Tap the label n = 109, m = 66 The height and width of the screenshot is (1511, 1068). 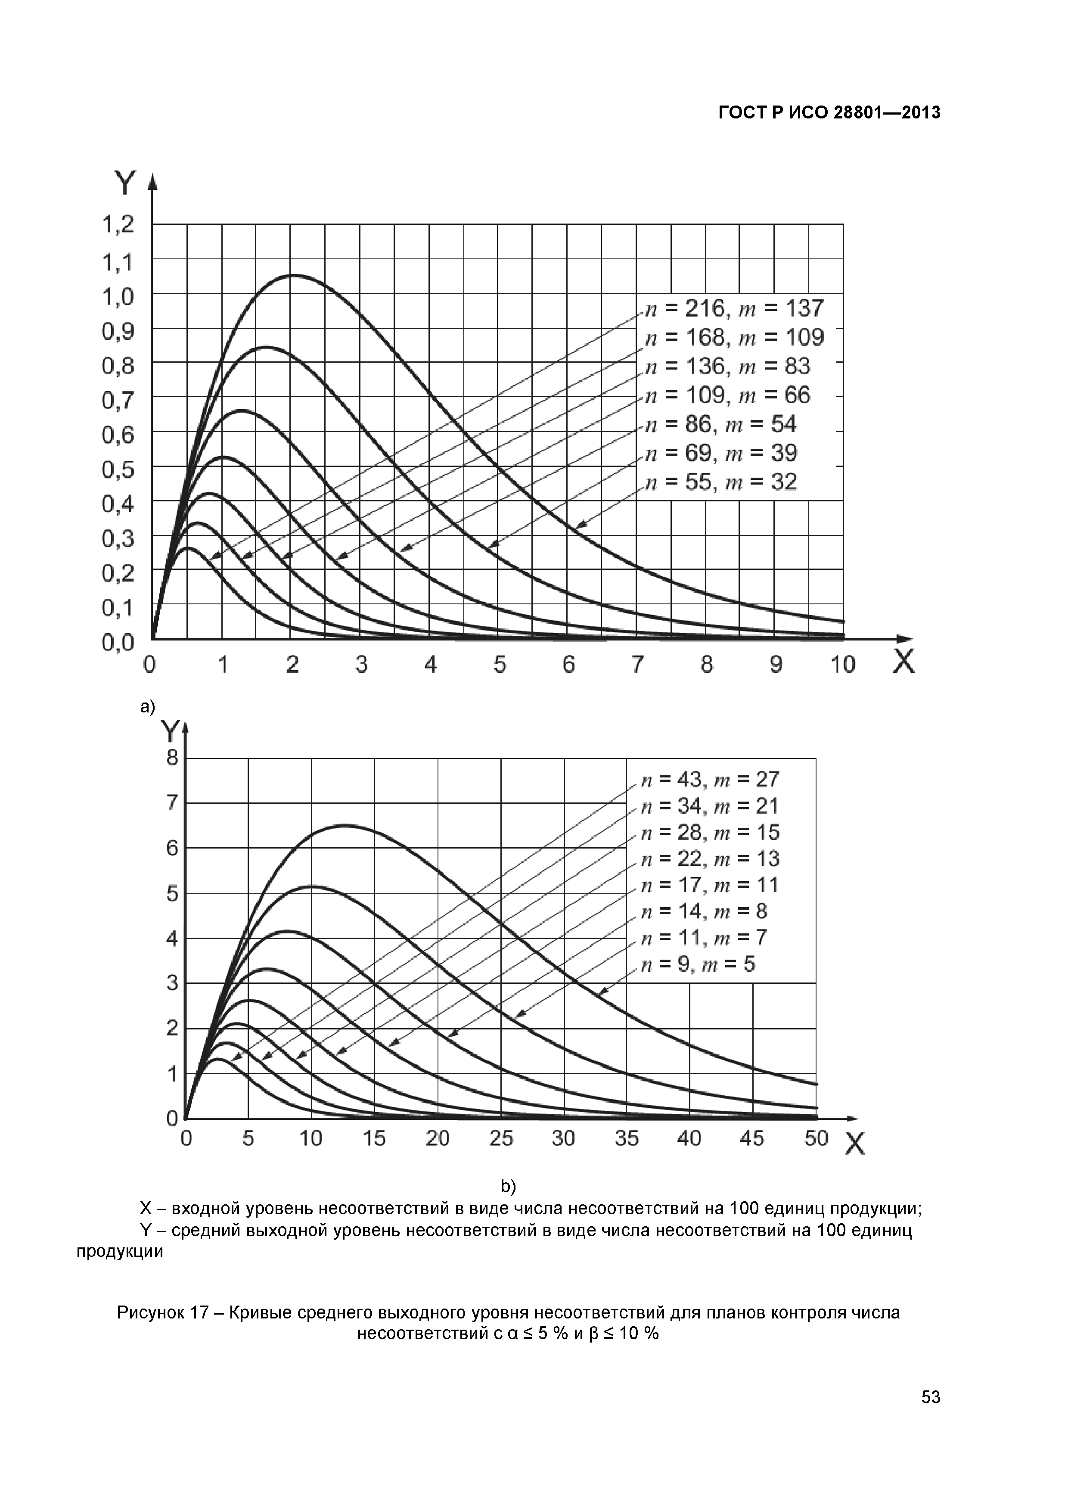727,395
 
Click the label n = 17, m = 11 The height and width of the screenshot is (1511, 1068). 710,885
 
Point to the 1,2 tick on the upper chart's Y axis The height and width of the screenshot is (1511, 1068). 118,225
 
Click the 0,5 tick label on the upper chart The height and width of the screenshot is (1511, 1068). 118,469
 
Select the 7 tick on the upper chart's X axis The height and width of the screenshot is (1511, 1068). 637,665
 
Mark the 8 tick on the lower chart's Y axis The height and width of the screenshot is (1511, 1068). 172,758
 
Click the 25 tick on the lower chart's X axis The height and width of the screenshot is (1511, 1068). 501,1138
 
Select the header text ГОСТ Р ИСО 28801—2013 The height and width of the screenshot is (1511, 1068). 829,113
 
